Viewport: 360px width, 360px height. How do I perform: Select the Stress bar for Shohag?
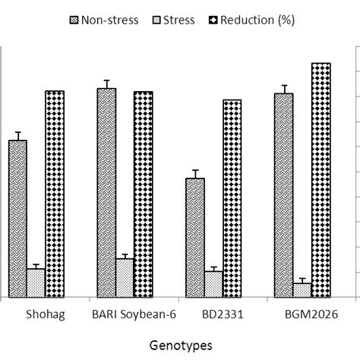coord(36,283)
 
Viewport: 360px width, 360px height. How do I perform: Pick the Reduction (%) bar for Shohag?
coord(55,194)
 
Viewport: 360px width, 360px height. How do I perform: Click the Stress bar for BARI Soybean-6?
coord(125,277)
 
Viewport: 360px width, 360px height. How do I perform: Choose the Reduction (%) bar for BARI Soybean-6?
coord(144,194)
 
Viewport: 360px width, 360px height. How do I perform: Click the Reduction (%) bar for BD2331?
coord(232,198)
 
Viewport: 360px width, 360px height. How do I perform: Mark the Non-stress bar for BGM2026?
coord(284,195)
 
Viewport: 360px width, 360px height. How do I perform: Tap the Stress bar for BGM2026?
coord(302,289)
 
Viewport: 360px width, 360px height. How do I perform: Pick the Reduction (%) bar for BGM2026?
coord(321,180)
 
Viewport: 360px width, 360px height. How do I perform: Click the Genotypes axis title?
coord(180,344)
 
